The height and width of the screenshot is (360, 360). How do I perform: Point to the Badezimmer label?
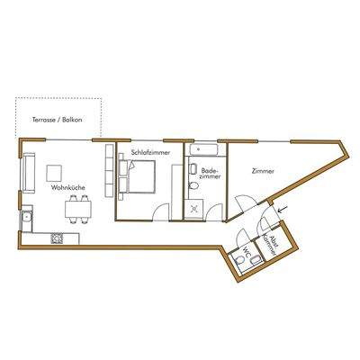[209, 172]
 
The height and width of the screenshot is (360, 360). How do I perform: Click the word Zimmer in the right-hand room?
[264, 170]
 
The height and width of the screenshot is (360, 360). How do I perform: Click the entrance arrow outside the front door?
[284, 211]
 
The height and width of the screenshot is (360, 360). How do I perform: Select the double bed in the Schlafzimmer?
[139, 182]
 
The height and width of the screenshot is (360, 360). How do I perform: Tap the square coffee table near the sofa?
[57, 170]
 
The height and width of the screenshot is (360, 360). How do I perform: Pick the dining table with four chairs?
[78, 211]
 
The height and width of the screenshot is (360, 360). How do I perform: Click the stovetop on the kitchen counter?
[58, 238]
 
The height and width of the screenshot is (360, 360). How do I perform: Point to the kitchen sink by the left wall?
[28, 217]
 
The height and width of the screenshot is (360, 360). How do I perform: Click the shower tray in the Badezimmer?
[194, 208]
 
